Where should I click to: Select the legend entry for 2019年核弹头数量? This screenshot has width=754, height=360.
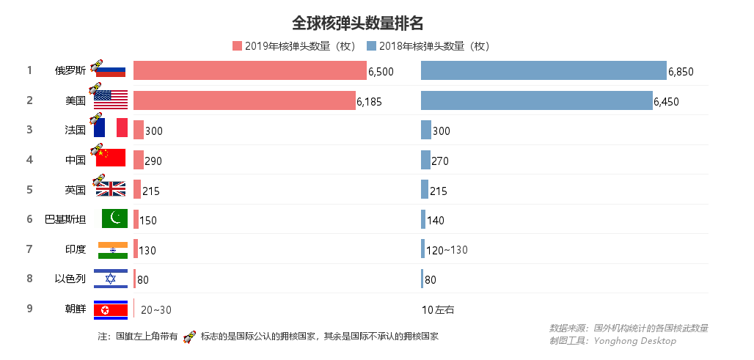(293, 46)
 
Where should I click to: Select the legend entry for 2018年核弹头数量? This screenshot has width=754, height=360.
(428, 46)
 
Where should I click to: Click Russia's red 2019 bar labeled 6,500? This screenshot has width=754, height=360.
(249, 70)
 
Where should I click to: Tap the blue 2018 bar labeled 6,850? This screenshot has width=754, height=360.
(543, 70)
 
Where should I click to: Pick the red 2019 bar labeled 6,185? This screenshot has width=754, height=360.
(244, 100)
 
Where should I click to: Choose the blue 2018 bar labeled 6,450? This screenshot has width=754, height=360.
(536, 100)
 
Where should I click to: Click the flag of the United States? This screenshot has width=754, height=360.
(111, 100)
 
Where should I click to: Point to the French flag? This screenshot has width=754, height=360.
(111, 128)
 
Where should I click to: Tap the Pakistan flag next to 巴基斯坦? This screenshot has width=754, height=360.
(114, 218)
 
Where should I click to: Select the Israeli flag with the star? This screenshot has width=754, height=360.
(111, 279)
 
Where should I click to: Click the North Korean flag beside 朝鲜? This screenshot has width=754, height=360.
(111, 309)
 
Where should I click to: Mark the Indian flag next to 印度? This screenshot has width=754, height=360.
(113, 249)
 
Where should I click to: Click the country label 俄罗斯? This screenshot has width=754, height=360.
(70, 71)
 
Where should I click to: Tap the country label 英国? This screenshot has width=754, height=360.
(76, 190)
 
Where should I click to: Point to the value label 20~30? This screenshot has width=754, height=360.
(156, 310)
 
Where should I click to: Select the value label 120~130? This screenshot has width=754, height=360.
(447, 250)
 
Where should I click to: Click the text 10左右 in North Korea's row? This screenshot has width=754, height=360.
(438, 310)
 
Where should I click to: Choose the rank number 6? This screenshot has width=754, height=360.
(29, 219)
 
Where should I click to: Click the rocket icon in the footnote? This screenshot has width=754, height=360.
(189, 337)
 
